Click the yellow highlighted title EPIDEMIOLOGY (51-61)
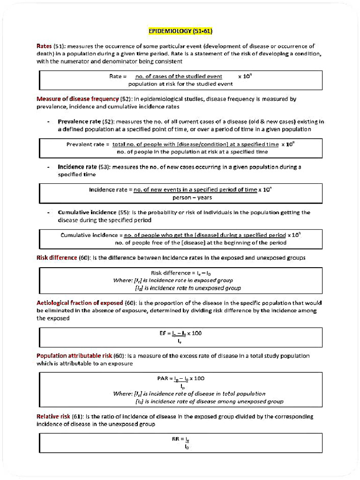[x=180, y=31]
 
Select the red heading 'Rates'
[x=44, y=46]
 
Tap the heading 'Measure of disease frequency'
[x=77, y=99]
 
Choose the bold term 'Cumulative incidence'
[x=88, y=212]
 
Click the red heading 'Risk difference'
[x=57, y=257]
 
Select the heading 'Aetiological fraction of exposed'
[x=80, y=303]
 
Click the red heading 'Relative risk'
[x=53, y=416]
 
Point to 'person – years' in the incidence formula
[x=192, y=197]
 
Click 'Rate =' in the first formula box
[x=118, y=76]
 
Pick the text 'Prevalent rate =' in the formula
[x=88, y=144]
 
